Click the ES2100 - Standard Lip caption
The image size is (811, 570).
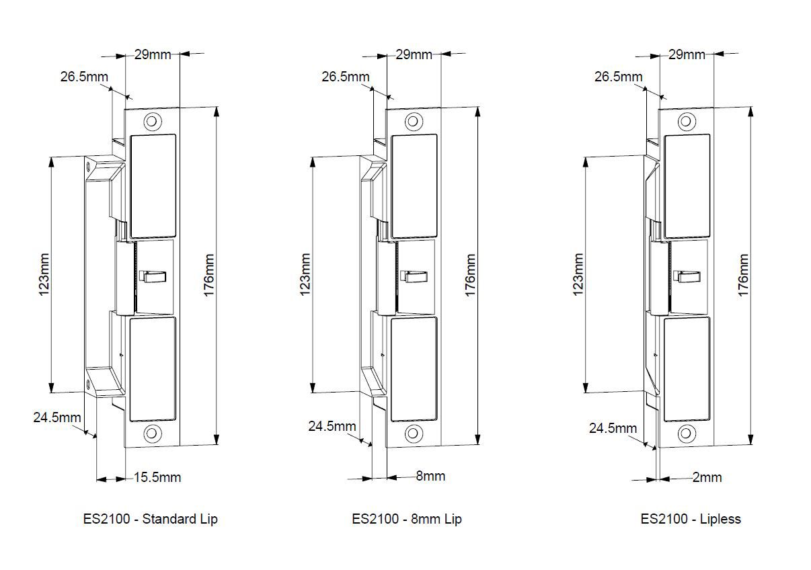pyautogui.click(x=150, y=520)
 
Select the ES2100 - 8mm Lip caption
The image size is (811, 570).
pyautogui.click(x=407, y=520)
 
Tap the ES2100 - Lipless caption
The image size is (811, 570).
pyautogui.click(x=691, y=520)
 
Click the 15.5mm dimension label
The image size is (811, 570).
pyautogui.click(x=157, y=477)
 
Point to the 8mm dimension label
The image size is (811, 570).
pyautogui.click(x=430, y=476)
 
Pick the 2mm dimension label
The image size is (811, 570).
pyautogui.click(x=707, y=477)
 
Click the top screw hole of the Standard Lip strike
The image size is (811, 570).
pyautogui.click(x=153, y=121)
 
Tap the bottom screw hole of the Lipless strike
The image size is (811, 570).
pyautogui.click(x=687, y=433)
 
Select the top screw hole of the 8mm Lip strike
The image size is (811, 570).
pyautogui.click(x=414, y=121)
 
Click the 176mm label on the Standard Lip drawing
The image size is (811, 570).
pyautogui.click(x=209, y=275)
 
